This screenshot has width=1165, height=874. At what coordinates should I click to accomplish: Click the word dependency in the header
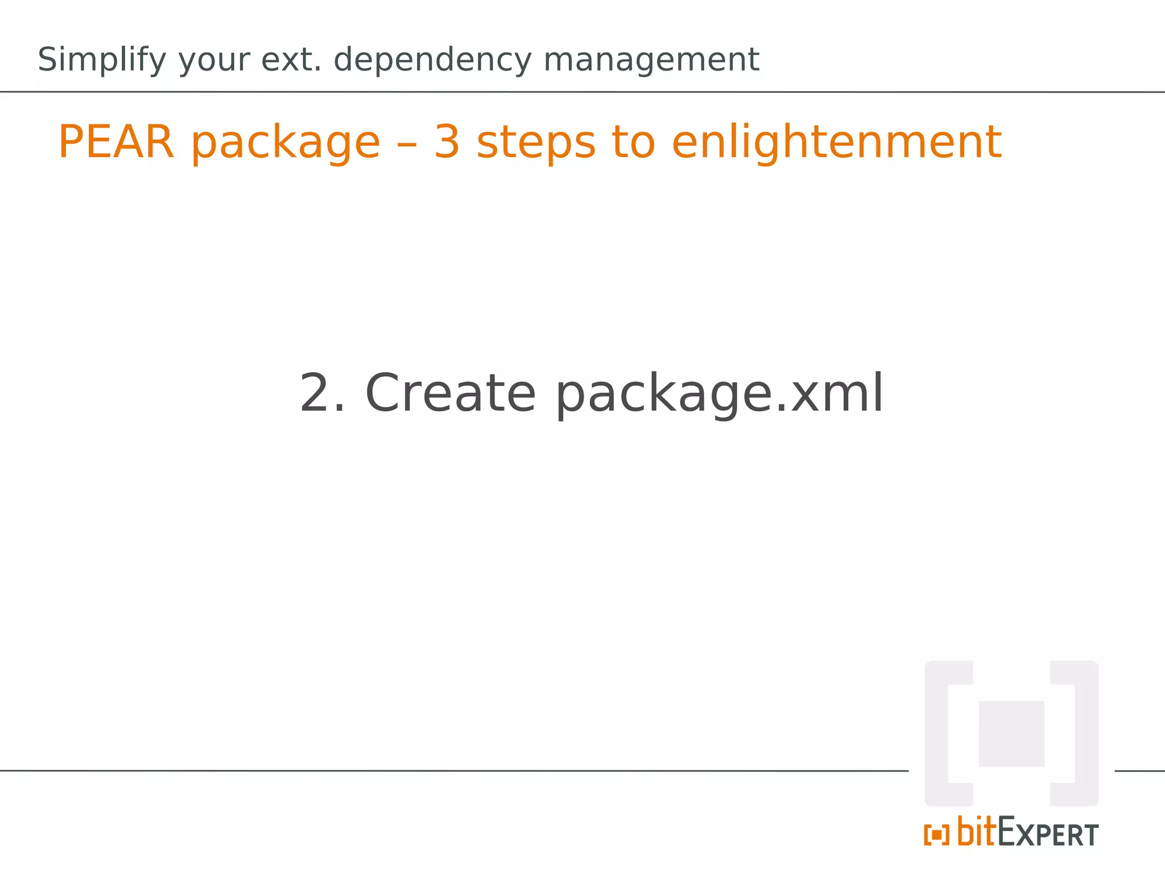[x=432, y=60]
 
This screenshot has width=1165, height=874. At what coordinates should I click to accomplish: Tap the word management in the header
[x=651, y=60]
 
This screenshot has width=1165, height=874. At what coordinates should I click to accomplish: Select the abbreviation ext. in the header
[x=291, y=60]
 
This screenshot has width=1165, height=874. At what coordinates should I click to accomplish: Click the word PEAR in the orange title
[x=115, y=142]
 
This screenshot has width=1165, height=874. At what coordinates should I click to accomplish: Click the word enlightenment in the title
[x=836, y=142]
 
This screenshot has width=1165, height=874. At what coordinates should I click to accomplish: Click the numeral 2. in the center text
[x=322, y=393]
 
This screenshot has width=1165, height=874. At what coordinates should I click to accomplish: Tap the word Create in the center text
[x=450, y=393]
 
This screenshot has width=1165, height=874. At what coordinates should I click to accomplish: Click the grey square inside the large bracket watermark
[x=1011, y=733]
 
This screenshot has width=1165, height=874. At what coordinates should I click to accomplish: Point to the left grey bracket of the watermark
[x=939, y=733]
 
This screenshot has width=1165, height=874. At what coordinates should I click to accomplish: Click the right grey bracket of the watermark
[x=1084, y=733]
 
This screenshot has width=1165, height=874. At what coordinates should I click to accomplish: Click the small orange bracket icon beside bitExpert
[x=936, y=835]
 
